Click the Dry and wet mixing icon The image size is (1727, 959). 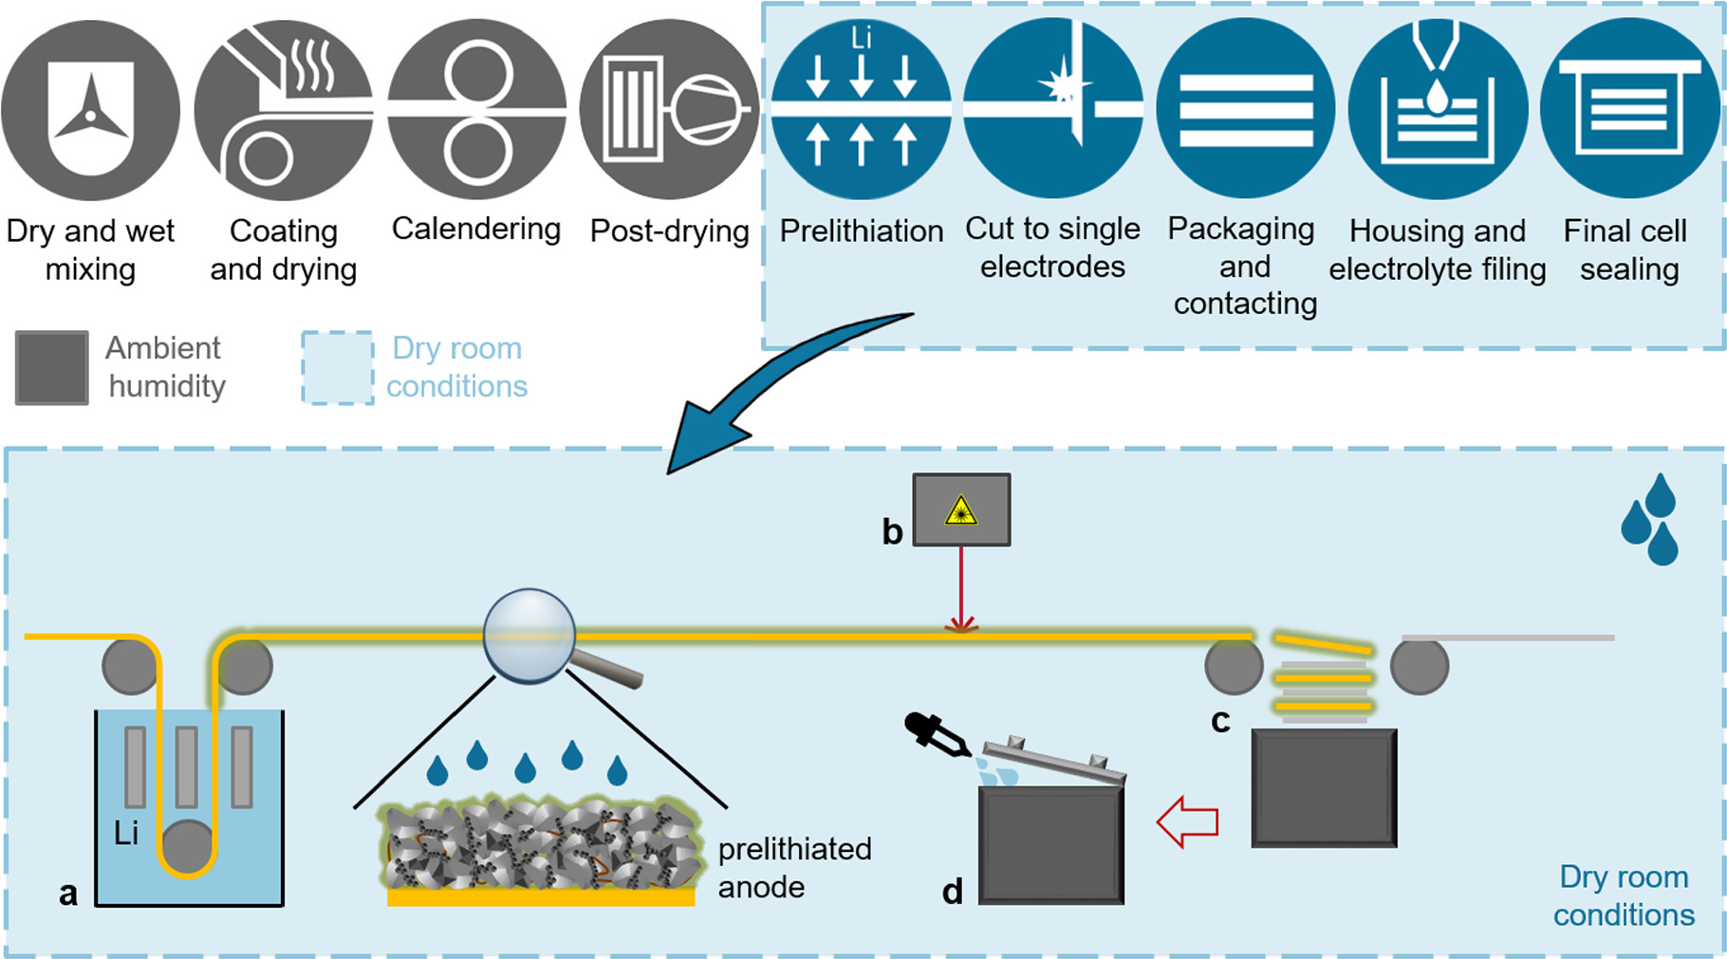click(x=90, y=110)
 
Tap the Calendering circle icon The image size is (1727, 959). click(x=477, y=110)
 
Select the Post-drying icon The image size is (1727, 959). click(x=669, y=110)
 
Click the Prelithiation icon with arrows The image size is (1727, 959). click(x=861, y=110)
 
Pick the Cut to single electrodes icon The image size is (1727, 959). click(x=1053, y=110)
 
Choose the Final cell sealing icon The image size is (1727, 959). click(x=1629, y=110)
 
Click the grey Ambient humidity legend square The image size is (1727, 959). click(x=52, y=368)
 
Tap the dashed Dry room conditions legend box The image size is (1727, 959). click(x=338, y=368)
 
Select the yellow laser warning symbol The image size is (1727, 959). click(x=961, y=511)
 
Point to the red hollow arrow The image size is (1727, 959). click(x=1187, y=821)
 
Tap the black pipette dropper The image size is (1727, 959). click(x=936, y=735)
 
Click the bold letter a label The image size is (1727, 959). click(x=68, y=894)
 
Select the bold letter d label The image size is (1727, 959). click(x=953, y=892)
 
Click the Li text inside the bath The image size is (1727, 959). click(x=126, y=834)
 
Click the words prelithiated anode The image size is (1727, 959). click(x=793, y=868)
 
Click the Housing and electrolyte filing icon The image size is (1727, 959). click(x=1438, y=110)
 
